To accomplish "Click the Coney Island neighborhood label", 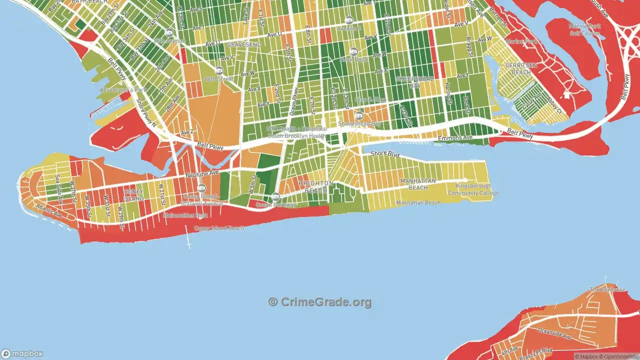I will [133, 195].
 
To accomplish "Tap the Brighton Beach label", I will [315, 187].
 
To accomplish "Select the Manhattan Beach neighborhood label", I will [418, 184].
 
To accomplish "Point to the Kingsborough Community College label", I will [473, 189].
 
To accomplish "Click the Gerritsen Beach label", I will [517, 69].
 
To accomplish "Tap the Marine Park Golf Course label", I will [584, 29].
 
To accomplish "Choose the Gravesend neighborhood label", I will [243, 44].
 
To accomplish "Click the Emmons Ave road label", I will [455, 137].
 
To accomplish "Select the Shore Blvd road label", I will [385, 154].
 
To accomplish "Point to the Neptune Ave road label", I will [202, 173].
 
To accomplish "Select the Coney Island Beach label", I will [219, 228].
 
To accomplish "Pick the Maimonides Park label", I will [185, 216].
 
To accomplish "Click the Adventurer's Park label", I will [123, 90].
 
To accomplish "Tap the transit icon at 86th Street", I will [219, 70].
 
